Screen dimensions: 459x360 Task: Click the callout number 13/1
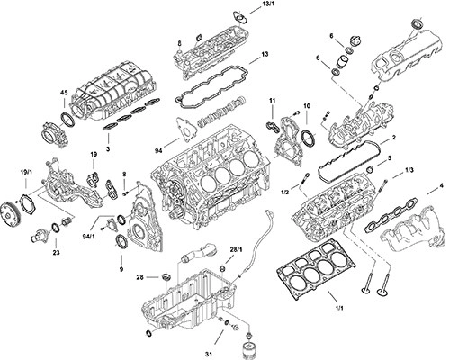[x=268, y=4]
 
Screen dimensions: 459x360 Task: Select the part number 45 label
[x=64, y=93]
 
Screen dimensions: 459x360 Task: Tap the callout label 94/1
[x=88, y=237]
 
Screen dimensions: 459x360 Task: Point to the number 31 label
[x=209, y=354]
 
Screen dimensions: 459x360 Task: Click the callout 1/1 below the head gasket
[x=339, y=308]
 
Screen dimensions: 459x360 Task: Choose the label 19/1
[x=26, y=172]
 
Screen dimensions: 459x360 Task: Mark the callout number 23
[x=56, y=253]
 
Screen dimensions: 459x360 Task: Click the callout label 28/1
[x=236, y=250]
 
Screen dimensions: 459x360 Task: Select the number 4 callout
[x=441, y=186]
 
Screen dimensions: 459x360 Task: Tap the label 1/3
[x=409, y=170]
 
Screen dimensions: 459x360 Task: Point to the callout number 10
[x=307, y=106]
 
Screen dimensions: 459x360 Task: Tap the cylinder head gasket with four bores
[x=317, y=269]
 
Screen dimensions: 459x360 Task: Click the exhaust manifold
[x=413, y=229]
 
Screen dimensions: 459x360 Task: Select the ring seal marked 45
[x=68, y=119]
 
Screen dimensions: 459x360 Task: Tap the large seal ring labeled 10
[x=308, y=138]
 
